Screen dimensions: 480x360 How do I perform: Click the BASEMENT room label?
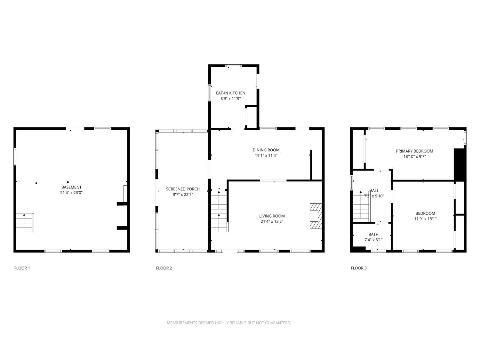[x=71, y=187]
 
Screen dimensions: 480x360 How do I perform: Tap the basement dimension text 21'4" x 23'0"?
[x=71, y=193]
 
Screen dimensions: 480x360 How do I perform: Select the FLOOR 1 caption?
[x=22, y=268]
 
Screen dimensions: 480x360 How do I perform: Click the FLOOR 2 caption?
[x=164, y=268]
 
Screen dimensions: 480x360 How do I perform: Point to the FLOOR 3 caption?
[x=359, y=268]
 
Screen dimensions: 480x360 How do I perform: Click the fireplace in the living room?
[x=316, y=216]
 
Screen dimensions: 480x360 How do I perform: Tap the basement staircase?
[x=25, y=223]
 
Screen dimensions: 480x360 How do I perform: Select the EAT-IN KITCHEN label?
[x=230, y=93]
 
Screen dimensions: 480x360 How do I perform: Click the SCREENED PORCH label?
[x=183, y=189]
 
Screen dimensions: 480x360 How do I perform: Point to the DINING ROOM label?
[x=266, y=150]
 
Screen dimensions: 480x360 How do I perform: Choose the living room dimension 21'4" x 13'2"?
[x=272, y=221]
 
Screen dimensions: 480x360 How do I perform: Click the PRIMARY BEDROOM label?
[x=414, y=151]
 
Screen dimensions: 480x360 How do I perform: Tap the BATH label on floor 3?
[x=373, y=234]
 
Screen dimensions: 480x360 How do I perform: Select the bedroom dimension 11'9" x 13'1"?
[x=425, y=219]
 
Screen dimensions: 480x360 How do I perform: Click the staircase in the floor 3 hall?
[x=361, y=206]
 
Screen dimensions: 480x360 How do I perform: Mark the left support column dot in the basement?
[x=36, y=183]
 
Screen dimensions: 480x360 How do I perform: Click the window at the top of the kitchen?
[x=234, y=66]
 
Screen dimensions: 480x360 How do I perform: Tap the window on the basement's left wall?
[x=15, y=156]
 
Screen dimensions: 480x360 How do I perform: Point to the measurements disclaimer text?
[x=229, y=323]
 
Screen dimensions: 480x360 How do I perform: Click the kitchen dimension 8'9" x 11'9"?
[x=230, y=98]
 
